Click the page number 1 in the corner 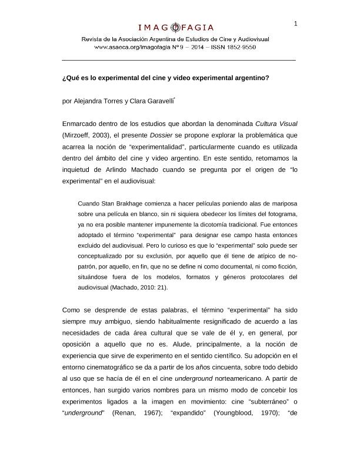[295, 23]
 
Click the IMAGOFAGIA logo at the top [176, 27]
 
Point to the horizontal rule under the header [179, 60]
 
